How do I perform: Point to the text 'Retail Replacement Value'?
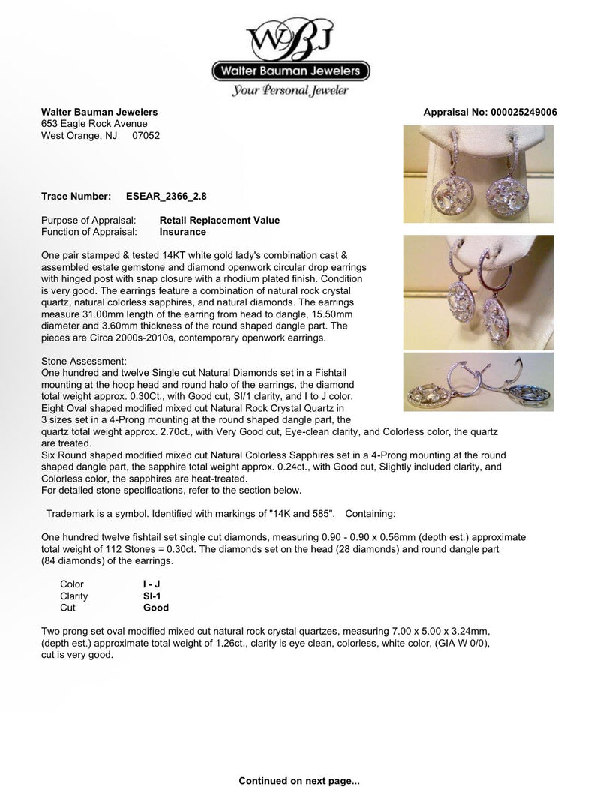pos(220,221)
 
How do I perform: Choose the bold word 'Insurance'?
pos(184,233)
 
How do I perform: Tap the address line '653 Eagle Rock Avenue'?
pos(94,125)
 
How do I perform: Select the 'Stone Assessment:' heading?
pos(85,362)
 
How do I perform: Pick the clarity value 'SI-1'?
pos(152,596)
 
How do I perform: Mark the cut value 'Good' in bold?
pos(156,608)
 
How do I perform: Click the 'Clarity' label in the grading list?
pos(74,596)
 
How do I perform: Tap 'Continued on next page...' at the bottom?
pos(299,781)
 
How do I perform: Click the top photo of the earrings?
pos(478,175)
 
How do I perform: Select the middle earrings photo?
pos(478,293)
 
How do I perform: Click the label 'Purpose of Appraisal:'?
pos(88,221)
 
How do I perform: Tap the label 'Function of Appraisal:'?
pos(89,233)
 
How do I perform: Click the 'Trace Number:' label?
pos(76,197)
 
